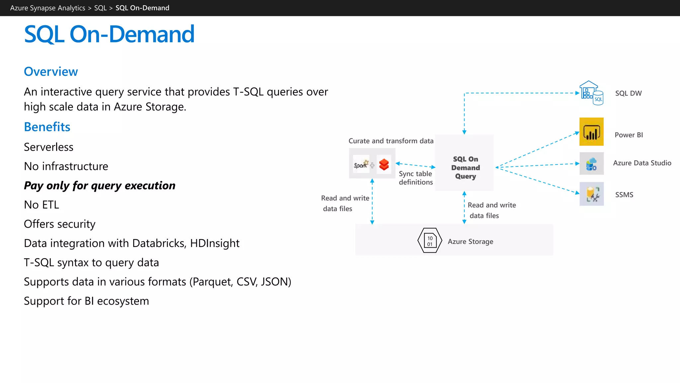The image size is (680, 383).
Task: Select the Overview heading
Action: tap(51, 71)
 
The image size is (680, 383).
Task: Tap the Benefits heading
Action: tap(47, 127)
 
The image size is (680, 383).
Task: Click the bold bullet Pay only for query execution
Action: tap(100, 186)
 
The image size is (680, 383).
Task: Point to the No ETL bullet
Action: tap(42, 205)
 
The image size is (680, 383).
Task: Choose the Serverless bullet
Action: tap(48, 147)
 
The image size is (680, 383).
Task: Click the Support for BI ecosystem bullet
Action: tap(86, 301)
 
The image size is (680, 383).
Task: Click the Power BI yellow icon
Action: tap(591, 132)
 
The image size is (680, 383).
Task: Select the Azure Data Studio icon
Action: tap(591, 164)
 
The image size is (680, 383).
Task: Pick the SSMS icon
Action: tap(591, 194)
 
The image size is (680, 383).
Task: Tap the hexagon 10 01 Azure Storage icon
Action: tap(430, 241)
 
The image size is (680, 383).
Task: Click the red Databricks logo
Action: tap(384, 164)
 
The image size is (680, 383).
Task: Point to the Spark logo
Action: tap(361, 164)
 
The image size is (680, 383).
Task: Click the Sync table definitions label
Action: tap(416, 178)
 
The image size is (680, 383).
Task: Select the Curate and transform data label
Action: tap(391, 141)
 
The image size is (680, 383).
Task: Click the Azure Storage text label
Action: tap(470, 242)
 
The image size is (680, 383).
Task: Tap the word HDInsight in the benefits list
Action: tap(214, 243)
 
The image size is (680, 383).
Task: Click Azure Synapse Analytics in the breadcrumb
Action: tap(47, 8)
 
